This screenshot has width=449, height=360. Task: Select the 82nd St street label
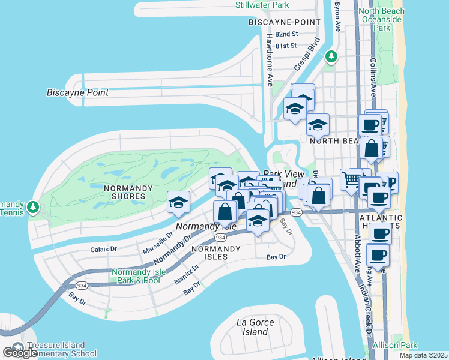pyautogui.click(x=287, y=34)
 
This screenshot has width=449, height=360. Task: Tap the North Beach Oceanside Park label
pyautogui.click(x=382, y=19)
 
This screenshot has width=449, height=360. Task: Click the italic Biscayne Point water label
pyautogui.click(x=77, y=92)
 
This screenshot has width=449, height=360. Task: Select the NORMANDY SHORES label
pyautogui.click(x=124, y=192)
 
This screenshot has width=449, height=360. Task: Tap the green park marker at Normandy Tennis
pyautogui.click(x=33, y=208)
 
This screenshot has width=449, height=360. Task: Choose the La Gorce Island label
pyautogui.click(x=256, y=327)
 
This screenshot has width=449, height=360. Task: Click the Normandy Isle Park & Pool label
pyautogui.click(x=135, y=276)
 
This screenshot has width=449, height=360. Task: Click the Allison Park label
pyautogui.click(x=394, y=345)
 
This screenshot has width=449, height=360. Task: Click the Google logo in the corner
pyautogui.click(x=20, y=353)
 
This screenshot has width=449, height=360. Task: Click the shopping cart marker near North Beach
pyautogui.click(x=351, y=178)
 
